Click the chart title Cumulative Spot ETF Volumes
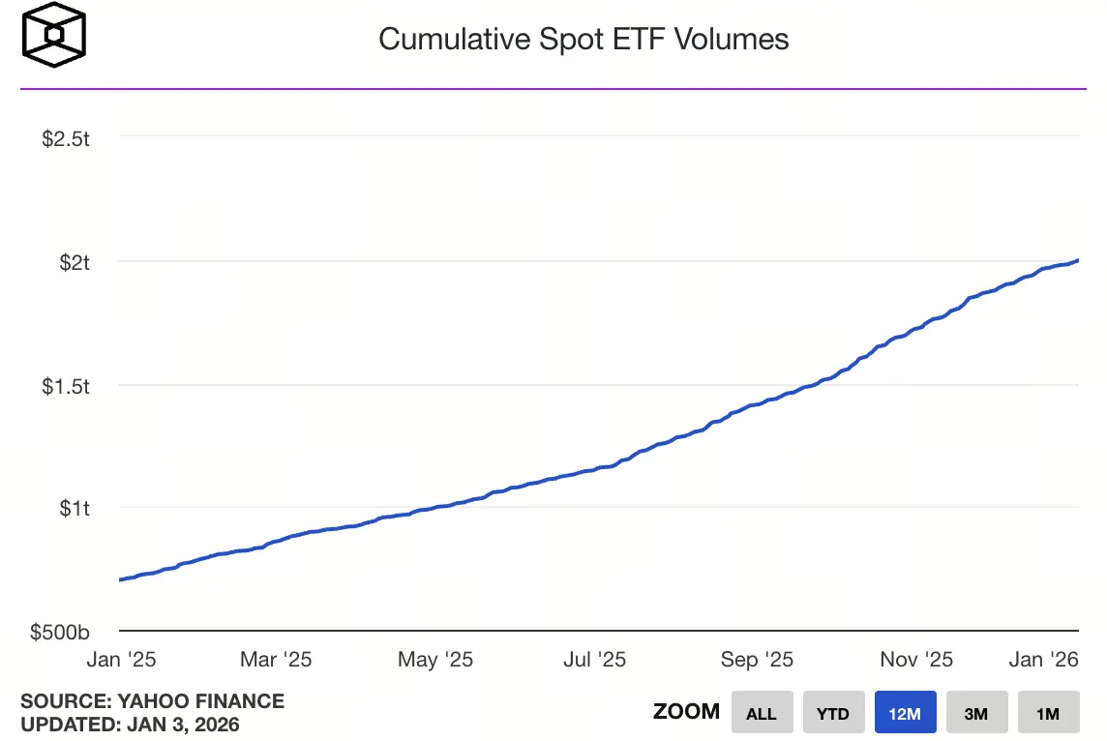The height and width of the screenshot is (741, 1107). pos(583,39)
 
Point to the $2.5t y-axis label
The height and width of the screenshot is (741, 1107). pos(66,138)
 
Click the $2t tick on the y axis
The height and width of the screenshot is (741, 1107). pos(73,262)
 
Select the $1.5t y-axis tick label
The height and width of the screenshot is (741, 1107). pos(66,386)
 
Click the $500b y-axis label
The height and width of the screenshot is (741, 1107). pos(60,633)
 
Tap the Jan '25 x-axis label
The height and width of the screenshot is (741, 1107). pos(121,660)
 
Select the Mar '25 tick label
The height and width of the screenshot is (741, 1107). pos(276,660)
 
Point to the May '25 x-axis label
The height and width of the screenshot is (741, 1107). pos(435,660)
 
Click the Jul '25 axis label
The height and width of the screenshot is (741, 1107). pos(593,660)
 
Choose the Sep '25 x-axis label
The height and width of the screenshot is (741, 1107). pos(757,660)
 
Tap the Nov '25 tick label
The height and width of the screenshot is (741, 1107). pos(916,660)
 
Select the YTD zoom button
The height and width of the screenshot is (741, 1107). pos(833,713)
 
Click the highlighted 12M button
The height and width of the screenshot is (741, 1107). pos(905,713)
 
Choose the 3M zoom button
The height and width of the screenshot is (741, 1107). pos(976,713)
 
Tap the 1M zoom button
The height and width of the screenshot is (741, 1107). pos(1048,713)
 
